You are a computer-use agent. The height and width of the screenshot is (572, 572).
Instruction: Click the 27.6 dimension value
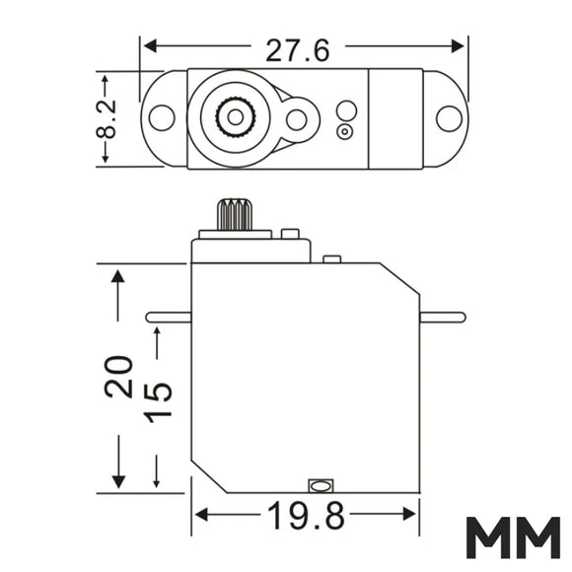coord(297,50)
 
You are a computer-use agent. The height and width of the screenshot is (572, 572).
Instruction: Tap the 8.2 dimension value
coord(107,119)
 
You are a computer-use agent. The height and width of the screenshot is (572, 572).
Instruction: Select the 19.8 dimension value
coord(306,516)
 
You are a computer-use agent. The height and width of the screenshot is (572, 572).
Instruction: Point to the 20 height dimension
coord(118,376)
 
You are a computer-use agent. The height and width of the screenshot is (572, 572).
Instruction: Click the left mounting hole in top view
coord(162,117)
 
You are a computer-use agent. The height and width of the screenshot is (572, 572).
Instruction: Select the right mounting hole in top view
coord(449,119)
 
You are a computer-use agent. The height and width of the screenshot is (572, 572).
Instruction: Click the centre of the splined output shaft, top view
coord(236,117)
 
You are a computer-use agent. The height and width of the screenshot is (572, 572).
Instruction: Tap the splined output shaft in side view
coord(235,215)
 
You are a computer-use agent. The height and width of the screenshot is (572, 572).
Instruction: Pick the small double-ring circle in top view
coord(345,132)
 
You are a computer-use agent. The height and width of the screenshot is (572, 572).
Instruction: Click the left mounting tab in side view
coord(169,317)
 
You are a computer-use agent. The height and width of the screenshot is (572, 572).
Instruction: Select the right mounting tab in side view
coord(443,317)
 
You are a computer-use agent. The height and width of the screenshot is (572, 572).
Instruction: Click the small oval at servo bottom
coord(321,486)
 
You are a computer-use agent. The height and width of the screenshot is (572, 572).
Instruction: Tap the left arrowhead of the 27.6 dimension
coord(150,46)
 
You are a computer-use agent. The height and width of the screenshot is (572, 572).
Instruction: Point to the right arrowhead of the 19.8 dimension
coord(409,515)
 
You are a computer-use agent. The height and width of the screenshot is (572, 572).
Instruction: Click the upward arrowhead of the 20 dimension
coord(117,276)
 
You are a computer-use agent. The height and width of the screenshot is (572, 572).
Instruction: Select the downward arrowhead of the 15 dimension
coord(157,483)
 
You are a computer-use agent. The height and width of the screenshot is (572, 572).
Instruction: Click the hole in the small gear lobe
coord(296,119)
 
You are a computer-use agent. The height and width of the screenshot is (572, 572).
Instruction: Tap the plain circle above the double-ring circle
coord(346,110)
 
